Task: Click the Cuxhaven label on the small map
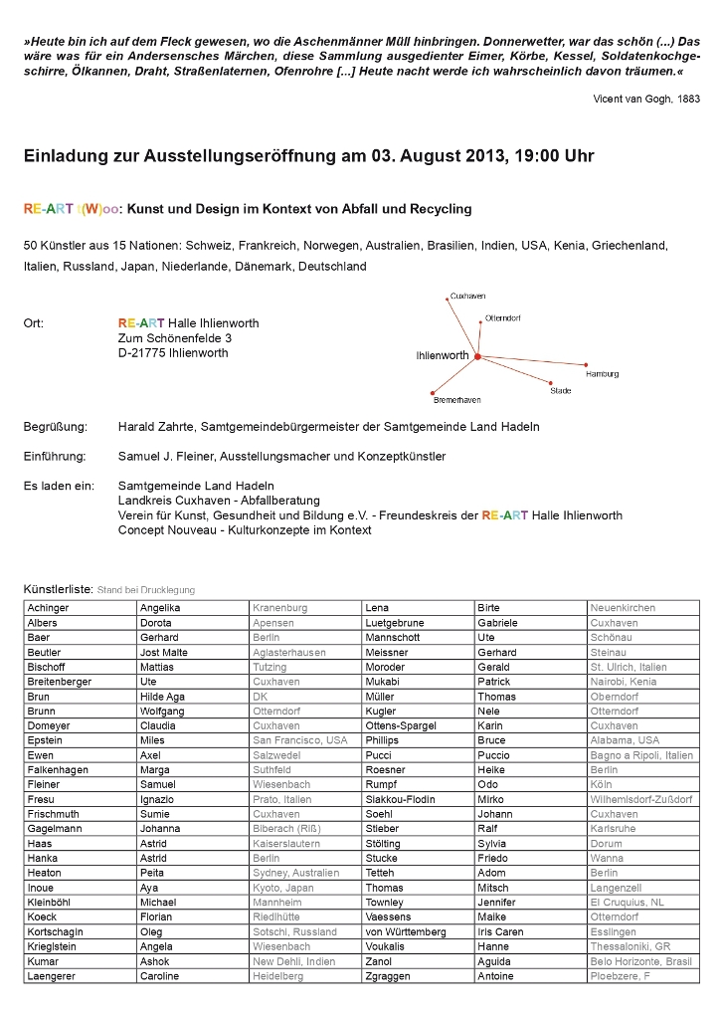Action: coord(467,297)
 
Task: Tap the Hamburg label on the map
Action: coord(603,374)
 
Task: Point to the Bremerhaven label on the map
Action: coord(457,400)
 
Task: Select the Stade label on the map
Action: coord(561,391)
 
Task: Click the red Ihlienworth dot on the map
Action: coord(477,355)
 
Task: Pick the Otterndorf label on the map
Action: coord(503,318)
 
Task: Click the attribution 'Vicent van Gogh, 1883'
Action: coord(646,100)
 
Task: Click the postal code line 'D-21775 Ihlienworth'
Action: coord(173,353)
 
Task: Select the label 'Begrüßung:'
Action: coord(56,427)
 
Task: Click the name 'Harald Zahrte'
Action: coord(156,427)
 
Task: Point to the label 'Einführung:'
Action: coord(56,457)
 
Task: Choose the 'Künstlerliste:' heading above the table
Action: coord(59,589)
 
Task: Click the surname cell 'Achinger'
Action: coord(49,608)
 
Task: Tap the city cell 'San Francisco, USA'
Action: coord(300,740)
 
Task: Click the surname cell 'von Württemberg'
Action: coord(406,932)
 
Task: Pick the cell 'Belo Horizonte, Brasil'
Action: coord(641,961)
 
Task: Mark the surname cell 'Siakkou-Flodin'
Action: coord(401,799)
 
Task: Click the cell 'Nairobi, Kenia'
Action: coord(624,682)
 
